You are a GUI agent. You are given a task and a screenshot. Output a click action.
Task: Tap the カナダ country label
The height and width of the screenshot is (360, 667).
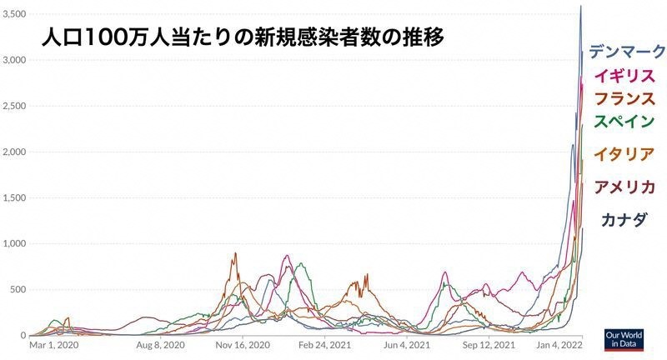point(624,220)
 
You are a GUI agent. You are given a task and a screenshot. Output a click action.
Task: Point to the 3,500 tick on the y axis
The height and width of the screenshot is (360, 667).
point(15,15)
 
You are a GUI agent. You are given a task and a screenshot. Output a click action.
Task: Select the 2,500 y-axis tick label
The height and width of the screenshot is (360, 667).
point(15,107)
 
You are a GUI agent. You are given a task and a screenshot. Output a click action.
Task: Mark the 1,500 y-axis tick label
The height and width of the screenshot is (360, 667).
point(15,198)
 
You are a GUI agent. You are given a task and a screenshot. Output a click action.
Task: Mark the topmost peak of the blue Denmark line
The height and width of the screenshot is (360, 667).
point(581,7)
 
